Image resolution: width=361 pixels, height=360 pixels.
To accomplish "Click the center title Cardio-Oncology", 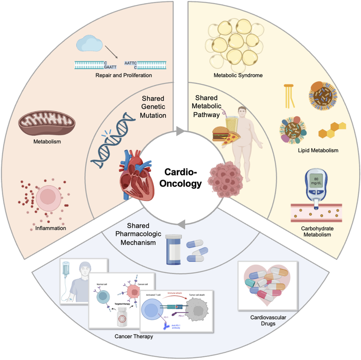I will [x=180, y=178].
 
